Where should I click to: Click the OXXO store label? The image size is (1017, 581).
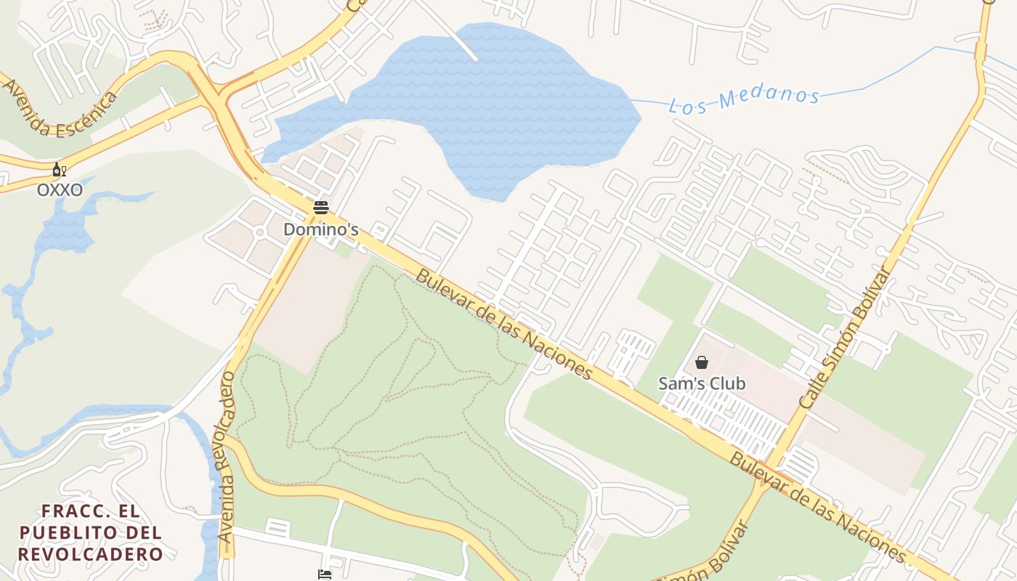click(x=60, y=190)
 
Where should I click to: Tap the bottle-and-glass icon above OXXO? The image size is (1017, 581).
click(x=59, y=171)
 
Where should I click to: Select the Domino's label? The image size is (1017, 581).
click(x=320, y=229)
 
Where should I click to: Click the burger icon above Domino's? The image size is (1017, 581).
click(x=321, y=208)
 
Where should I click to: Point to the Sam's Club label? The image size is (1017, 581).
click(x=702, y=383)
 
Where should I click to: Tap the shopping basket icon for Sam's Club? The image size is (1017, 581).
click(x=702, y=362)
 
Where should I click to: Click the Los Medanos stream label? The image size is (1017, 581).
click(x=744, y=100)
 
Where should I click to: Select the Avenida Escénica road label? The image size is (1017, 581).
click(x=60, y=108)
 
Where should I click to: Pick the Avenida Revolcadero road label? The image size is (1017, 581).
click(x=227, y=458)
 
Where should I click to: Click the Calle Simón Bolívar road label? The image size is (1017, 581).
click(x=845, y=338)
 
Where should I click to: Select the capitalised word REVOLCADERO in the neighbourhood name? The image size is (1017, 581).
click(x=91, y=554)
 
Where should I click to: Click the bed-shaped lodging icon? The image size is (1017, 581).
click(x=325, y=574)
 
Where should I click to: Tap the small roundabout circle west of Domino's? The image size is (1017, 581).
click(x=259, y=232)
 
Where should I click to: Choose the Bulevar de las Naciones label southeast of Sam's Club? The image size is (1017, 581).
click(x=819, y=507)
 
